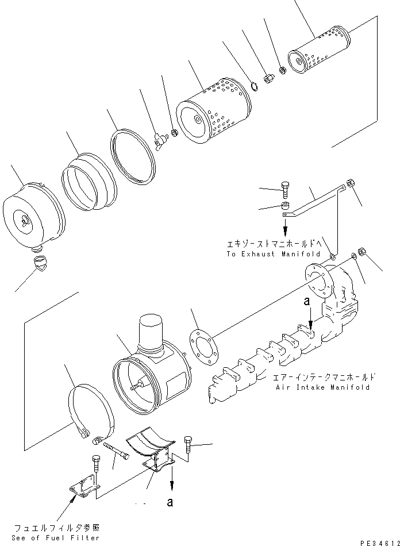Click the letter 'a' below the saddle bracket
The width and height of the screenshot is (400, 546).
point(170,502)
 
